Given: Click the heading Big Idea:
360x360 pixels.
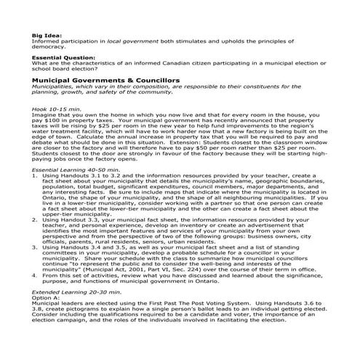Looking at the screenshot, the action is (x=46, y=34).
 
